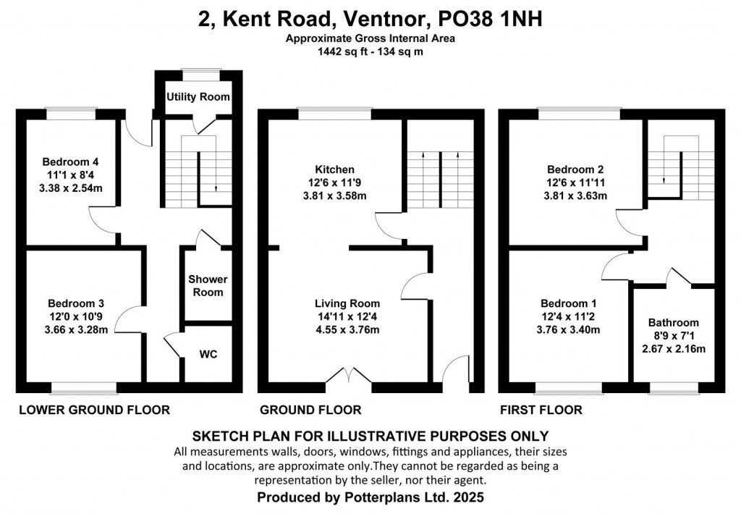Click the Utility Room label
(x=198, y=97)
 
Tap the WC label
(x=208, y=354)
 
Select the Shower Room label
(x=208, y=286)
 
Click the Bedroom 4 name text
(x=71, y=161)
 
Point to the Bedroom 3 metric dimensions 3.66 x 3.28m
(x=76, y=329)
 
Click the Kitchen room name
(x=334, y=169)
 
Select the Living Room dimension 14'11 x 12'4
(x=347, y=316)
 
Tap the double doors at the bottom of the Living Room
(x=349, y=375)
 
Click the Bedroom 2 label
(x=575, y=169)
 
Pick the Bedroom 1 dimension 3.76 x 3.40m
(x=569, y=329)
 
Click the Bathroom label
(x=674, y=322)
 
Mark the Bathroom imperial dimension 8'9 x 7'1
(x=674, y=336)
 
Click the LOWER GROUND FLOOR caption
(x=95, y=410)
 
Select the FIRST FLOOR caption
(x=541, y=410)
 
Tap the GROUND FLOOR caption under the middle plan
(x=310, y=410)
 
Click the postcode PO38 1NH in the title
(x=490, y=20)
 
